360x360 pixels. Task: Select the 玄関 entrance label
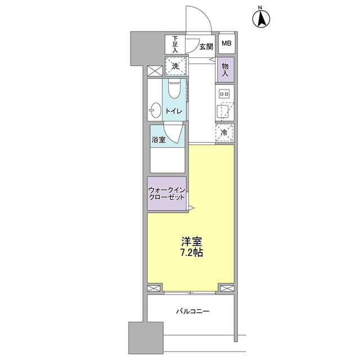click(206, 46)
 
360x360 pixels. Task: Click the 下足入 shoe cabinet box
click(174, 44)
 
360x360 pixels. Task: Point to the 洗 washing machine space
click(175, 66)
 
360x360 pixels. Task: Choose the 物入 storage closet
click(226, 70)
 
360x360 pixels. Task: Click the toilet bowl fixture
click(174, 90)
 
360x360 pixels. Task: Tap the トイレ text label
click(173, 111)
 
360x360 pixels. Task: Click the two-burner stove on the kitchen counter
click(224, 94)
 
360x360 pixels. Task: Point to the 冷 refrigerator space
click(225, 133)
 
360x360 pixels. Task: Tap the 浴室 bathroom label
click(158, 139)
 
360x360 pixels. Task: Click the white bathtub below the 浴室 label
click(167, 161)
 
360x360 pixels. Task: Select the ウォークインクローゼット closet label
click(166, 193)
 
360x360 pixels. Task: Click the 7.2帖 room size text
click(191, 253)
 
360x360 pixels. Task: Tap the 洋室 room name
click(191, 241)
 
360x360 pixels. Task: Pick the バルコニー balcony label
click(192, 310)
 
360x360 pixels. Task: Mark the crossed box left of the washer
click(154, 71)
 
